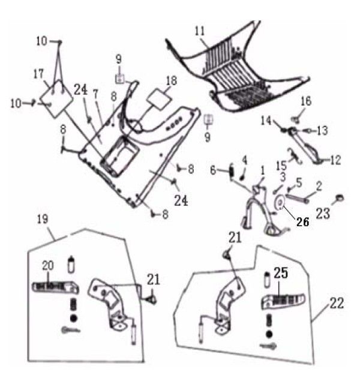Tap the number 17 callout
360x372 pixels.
pyautogui.click(x=39, y=74)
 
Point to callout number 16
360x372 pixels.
pyautogui.click(x=306, y=101)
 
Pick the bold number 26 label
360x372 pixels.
pyautogui.click(x=301, y=220)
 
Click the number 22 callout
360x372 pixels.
pyautogui.click(x=337, y=304)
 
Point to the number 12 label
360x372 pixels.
pyautogui.click(x=335, y=160)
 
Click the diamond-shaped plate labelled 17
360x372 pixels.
pyautogui.click(x=55, y=97)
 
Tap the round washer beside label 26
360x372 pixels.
pyautogui.click(x=279, y=204)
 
